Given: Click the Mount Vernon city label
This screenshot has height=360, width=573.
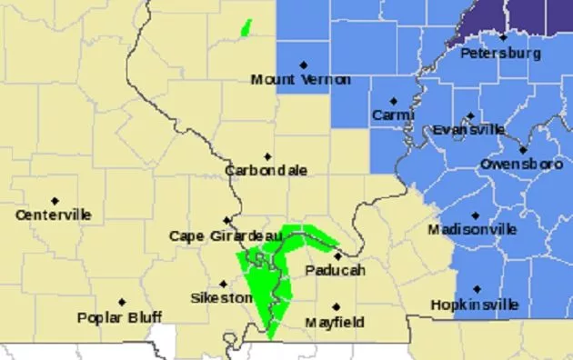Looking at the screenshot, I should (299, 80).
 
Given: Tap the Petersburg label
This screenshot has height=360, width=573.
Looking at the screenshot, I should (501, 54).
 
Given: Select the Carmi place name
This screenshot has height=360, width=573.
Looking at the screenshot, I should (392, 115).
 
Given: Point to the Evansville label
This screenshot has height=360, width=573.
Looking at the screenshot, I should (467, 130).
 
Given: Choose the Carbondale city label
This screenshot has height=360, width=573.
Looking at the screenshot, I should (266, 171).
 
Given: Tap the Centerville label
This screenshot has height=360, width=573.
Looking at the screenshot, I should (54, 215).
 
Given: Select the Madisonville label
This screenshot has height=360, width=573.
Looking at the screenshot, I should (473, 230).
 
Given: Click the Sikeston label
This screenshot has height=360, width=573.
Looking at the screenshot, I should (221, 298).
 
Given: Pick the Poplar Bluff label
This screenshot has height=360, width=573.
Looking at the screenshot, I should (119, 317).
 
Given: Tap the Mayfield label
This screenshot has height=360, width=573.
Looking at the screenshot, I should (334, 322).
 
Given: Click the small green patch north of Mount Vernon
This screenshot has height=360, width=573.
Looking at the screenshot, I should (245, 28).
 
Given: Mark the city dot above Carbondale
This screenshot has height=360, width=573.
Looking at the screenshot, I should (266, 156).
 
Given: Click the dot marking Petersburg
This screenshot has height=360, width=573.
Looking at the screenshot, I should (503, 37).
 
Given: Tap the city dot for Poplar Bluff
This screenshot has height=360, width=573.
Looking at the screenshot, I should (121, 302).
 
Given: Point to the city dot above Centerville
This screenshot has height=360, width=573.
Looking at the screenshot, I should (55, 200).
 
